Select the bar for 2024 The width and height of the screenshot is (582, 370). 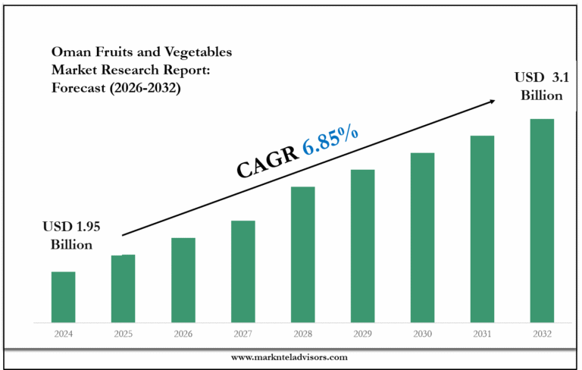tap(63, 296)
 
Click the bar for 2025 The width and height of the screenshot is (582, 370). tap(123, 288)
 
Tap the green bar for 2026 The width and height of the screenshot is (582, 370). tap(183, 280)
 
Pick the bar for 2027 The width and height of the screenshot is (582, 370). tap(242, 271)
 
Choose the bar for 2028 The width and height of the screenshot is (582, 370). tap(302, 254)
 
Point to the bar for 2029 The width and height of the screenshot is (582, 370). tap(362, 246)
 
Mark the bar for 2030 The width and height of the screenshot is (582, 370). tap(422, 237)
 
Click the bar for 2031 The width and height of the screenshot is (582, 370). tap(482, 228)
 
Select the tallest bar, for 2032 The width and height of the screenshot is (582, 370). tap(542, 220)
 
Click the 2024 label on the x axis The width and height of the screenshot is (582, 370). tap(63, 334)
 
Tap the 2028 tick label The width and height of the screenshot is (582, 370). tap(302, 334)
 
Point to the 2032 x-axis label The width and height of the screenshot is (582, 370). tap(542, 334)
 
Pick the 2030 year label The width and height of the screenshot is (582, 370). tap(422, 334)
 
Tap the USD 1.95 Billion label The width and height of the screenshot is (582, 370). tap(71, 235)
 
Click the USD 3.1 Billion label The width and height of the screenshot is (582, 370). tap(539, 86)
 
